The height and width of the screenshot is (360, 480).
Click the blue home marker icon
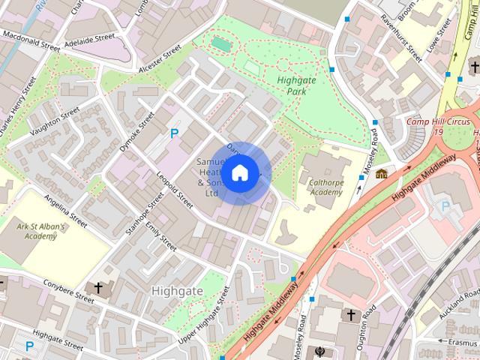(238, 173)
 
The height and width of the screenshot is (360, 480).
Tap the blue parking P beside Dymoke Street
(175, 134)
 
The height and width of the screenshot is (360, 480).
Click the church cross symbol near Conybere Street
(97, 287)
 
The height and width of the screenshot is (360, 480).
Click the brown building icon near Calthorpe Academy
(382, 175)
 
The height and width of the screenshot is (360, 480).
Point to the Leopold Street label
(175, 184)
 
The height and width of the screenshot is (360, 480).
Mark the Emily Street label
(161, 235)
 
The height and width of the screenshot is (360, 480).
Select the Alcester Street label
(160, 58)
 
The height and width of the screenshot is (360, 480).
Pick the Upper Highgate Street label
(204, 315)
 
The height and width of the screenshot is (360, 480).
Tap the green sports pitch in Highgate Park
(221, 44)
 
